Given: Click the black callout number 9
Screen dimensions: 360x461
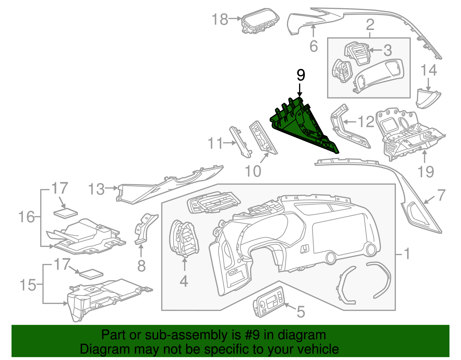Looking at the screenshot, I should pyautogui.click(x=301, y=76).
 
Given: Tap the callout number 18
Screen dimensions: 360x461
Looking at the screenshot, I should pyautogui.click(x=220, y=20).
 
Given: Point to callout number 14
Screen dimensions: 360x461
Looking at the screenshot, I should pyautogui.click(x=429, y=71).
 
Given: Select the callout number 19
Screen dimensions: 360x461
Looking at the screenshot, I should pyautogui.click(x=426, y=172).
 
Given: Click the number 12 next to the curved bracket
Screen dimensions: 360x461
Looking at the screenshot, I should pyautogui.click(x=366, y=122).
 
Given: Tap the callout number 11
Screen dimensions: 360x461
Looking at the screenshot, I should pyautogui.click(x=216, y=143).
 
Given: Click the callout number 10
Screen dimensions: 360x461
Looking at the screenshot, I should pyautogui.click(x=253, y=171).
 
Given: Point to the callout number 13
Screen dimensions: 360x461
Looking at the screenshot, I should pyautogui.click(x=96, y=189).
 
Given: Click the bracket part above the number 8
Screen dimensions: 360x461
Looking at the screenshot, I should pyautogui.click(x=145, y=228).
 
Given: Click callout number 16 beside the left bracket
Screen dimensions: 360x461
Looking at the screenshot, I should pyautogui.click(x=27, y=217).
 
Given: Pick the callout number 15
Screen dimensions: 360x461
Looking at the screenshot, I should pyautogui.click(x=28, y=285).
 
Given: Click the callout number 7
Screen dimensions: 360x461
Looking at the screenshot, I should pyautogui.click(x=441, y=195).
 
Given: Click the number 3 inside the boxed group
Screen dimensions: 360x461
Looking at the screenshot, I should pyautogui.click(x=388, y=50).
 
